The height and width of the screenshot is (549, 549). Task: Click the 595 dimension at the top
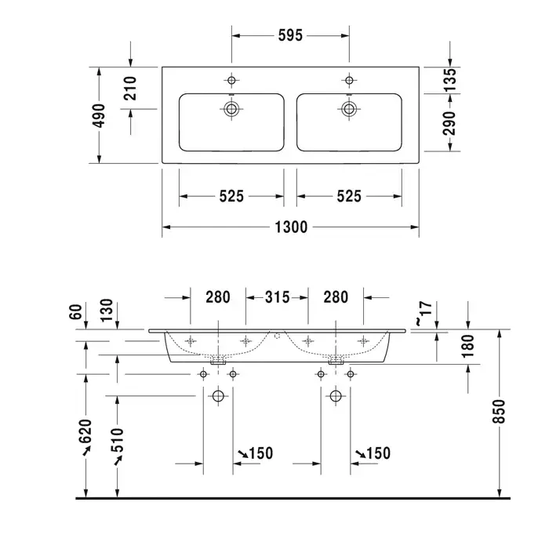(290, 35)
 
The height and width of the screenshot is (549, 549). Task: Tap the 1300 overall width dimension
(290, 227)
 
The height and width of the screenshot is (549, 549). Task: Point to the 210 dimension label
(130, 89)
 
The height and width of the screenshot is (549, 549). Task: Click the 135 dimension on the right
(450, 80)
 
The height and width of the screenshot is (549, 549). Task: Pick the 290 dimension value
(450, 124)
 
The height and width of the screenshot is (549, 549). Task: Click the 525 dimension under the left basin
(231, 196)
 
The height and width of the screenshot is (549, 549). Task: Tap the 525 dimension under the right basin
(349, 196)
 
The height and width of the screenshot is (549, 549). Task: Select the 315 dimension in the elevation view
(276, 297)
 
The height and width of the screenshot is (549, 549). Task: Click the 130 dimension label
(107, 312)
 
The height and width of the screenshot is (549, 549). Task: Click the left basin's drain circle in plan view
(231, 109)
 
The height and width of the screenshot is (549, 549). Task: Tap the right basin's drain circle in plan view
(348, 109)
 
